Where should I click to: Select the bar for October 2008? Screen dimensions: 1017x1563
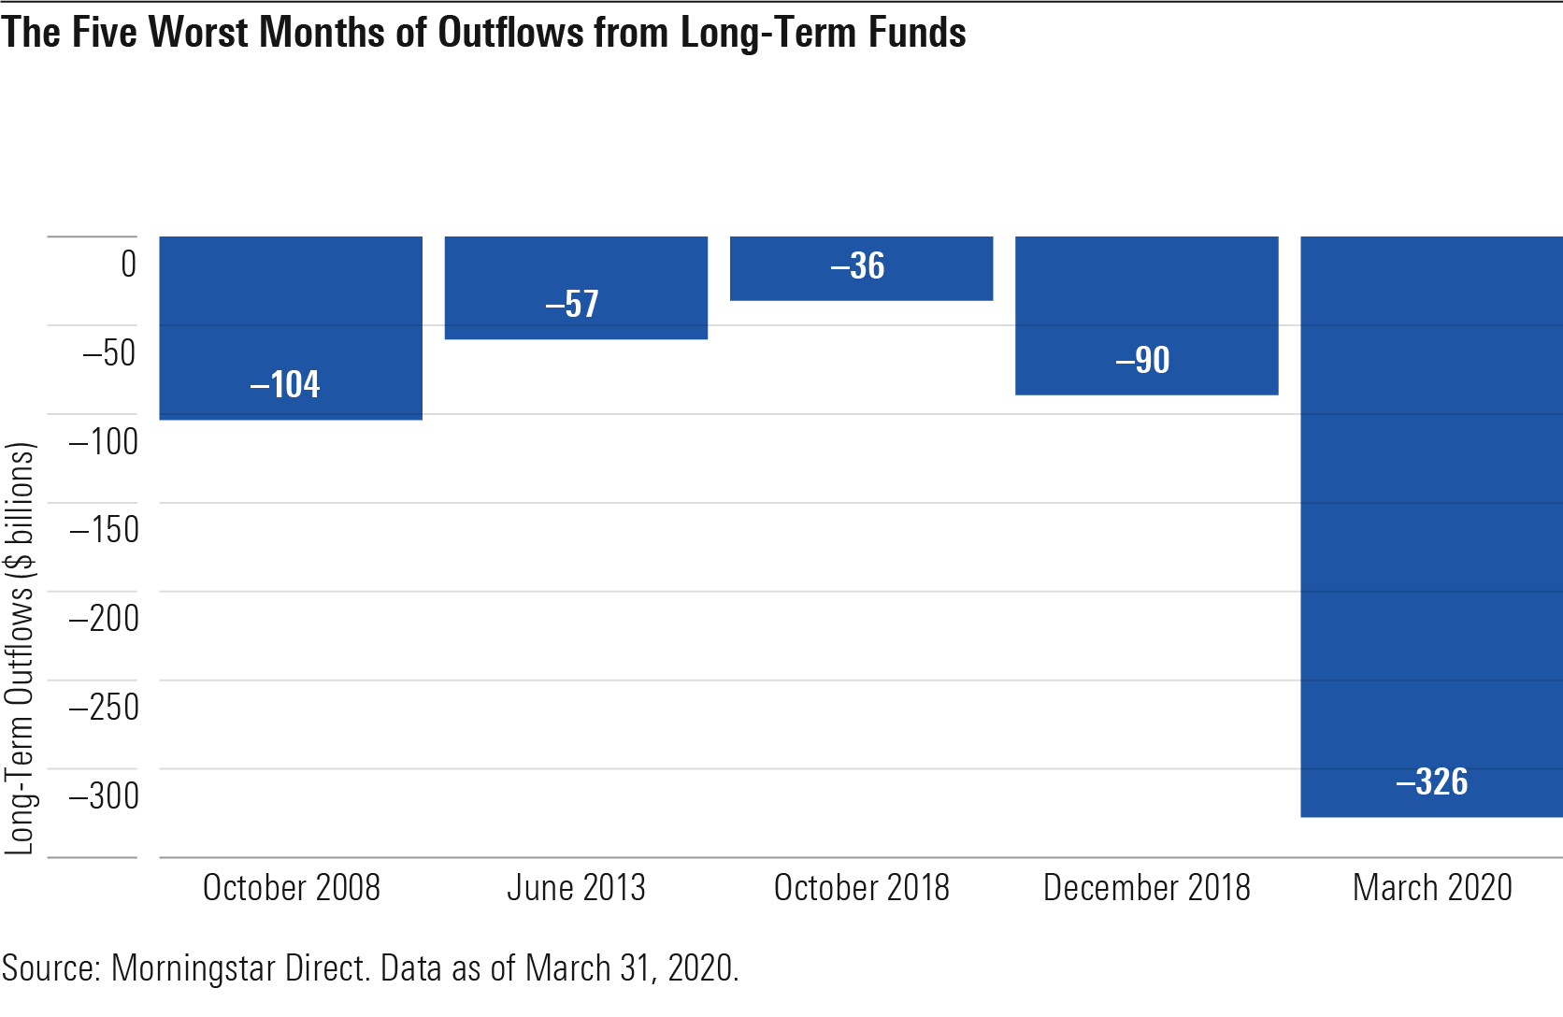(x=291, y=327)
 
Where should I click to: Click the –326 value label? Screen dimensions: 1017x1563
(x=1432, y=781)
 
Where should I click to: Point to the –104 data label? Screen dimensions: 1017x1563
(x=285, y=384)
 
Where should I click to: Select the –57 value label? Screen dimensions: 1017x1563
(x=572, y=304)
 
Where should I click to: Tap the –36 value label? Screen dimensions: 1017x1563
(x=857, y=266)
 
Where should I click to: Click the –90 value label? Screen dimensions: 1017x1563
(x=1142, y=360)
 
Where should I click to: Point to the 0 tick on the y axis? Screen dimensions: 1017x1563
(x=129, y=265)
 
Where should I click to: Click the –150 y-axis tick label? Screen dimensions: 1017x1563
(x=105, y=530)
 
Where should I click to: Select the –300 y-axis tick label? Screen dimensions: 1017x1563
(x=105, y=795)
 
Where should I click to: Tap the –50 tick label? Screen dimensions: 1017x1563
(x=109, y=353)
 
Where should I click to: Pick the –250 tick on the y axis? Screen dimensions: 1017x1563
(x=105, y=707)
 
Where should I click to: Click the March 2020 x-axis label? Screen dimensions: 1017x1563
(x=1432, y=887)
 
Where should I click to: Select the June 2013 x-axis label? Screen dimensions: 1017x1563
(x=576, y=887)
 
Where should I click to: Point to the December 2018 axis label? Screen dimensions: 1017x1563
(x=1146, y=887)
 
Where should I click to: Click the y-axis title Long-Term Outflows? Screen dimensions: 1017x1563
(x=21, y=649)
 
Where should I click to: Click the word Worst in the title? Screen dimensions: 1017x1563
(x=198, y=33)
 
